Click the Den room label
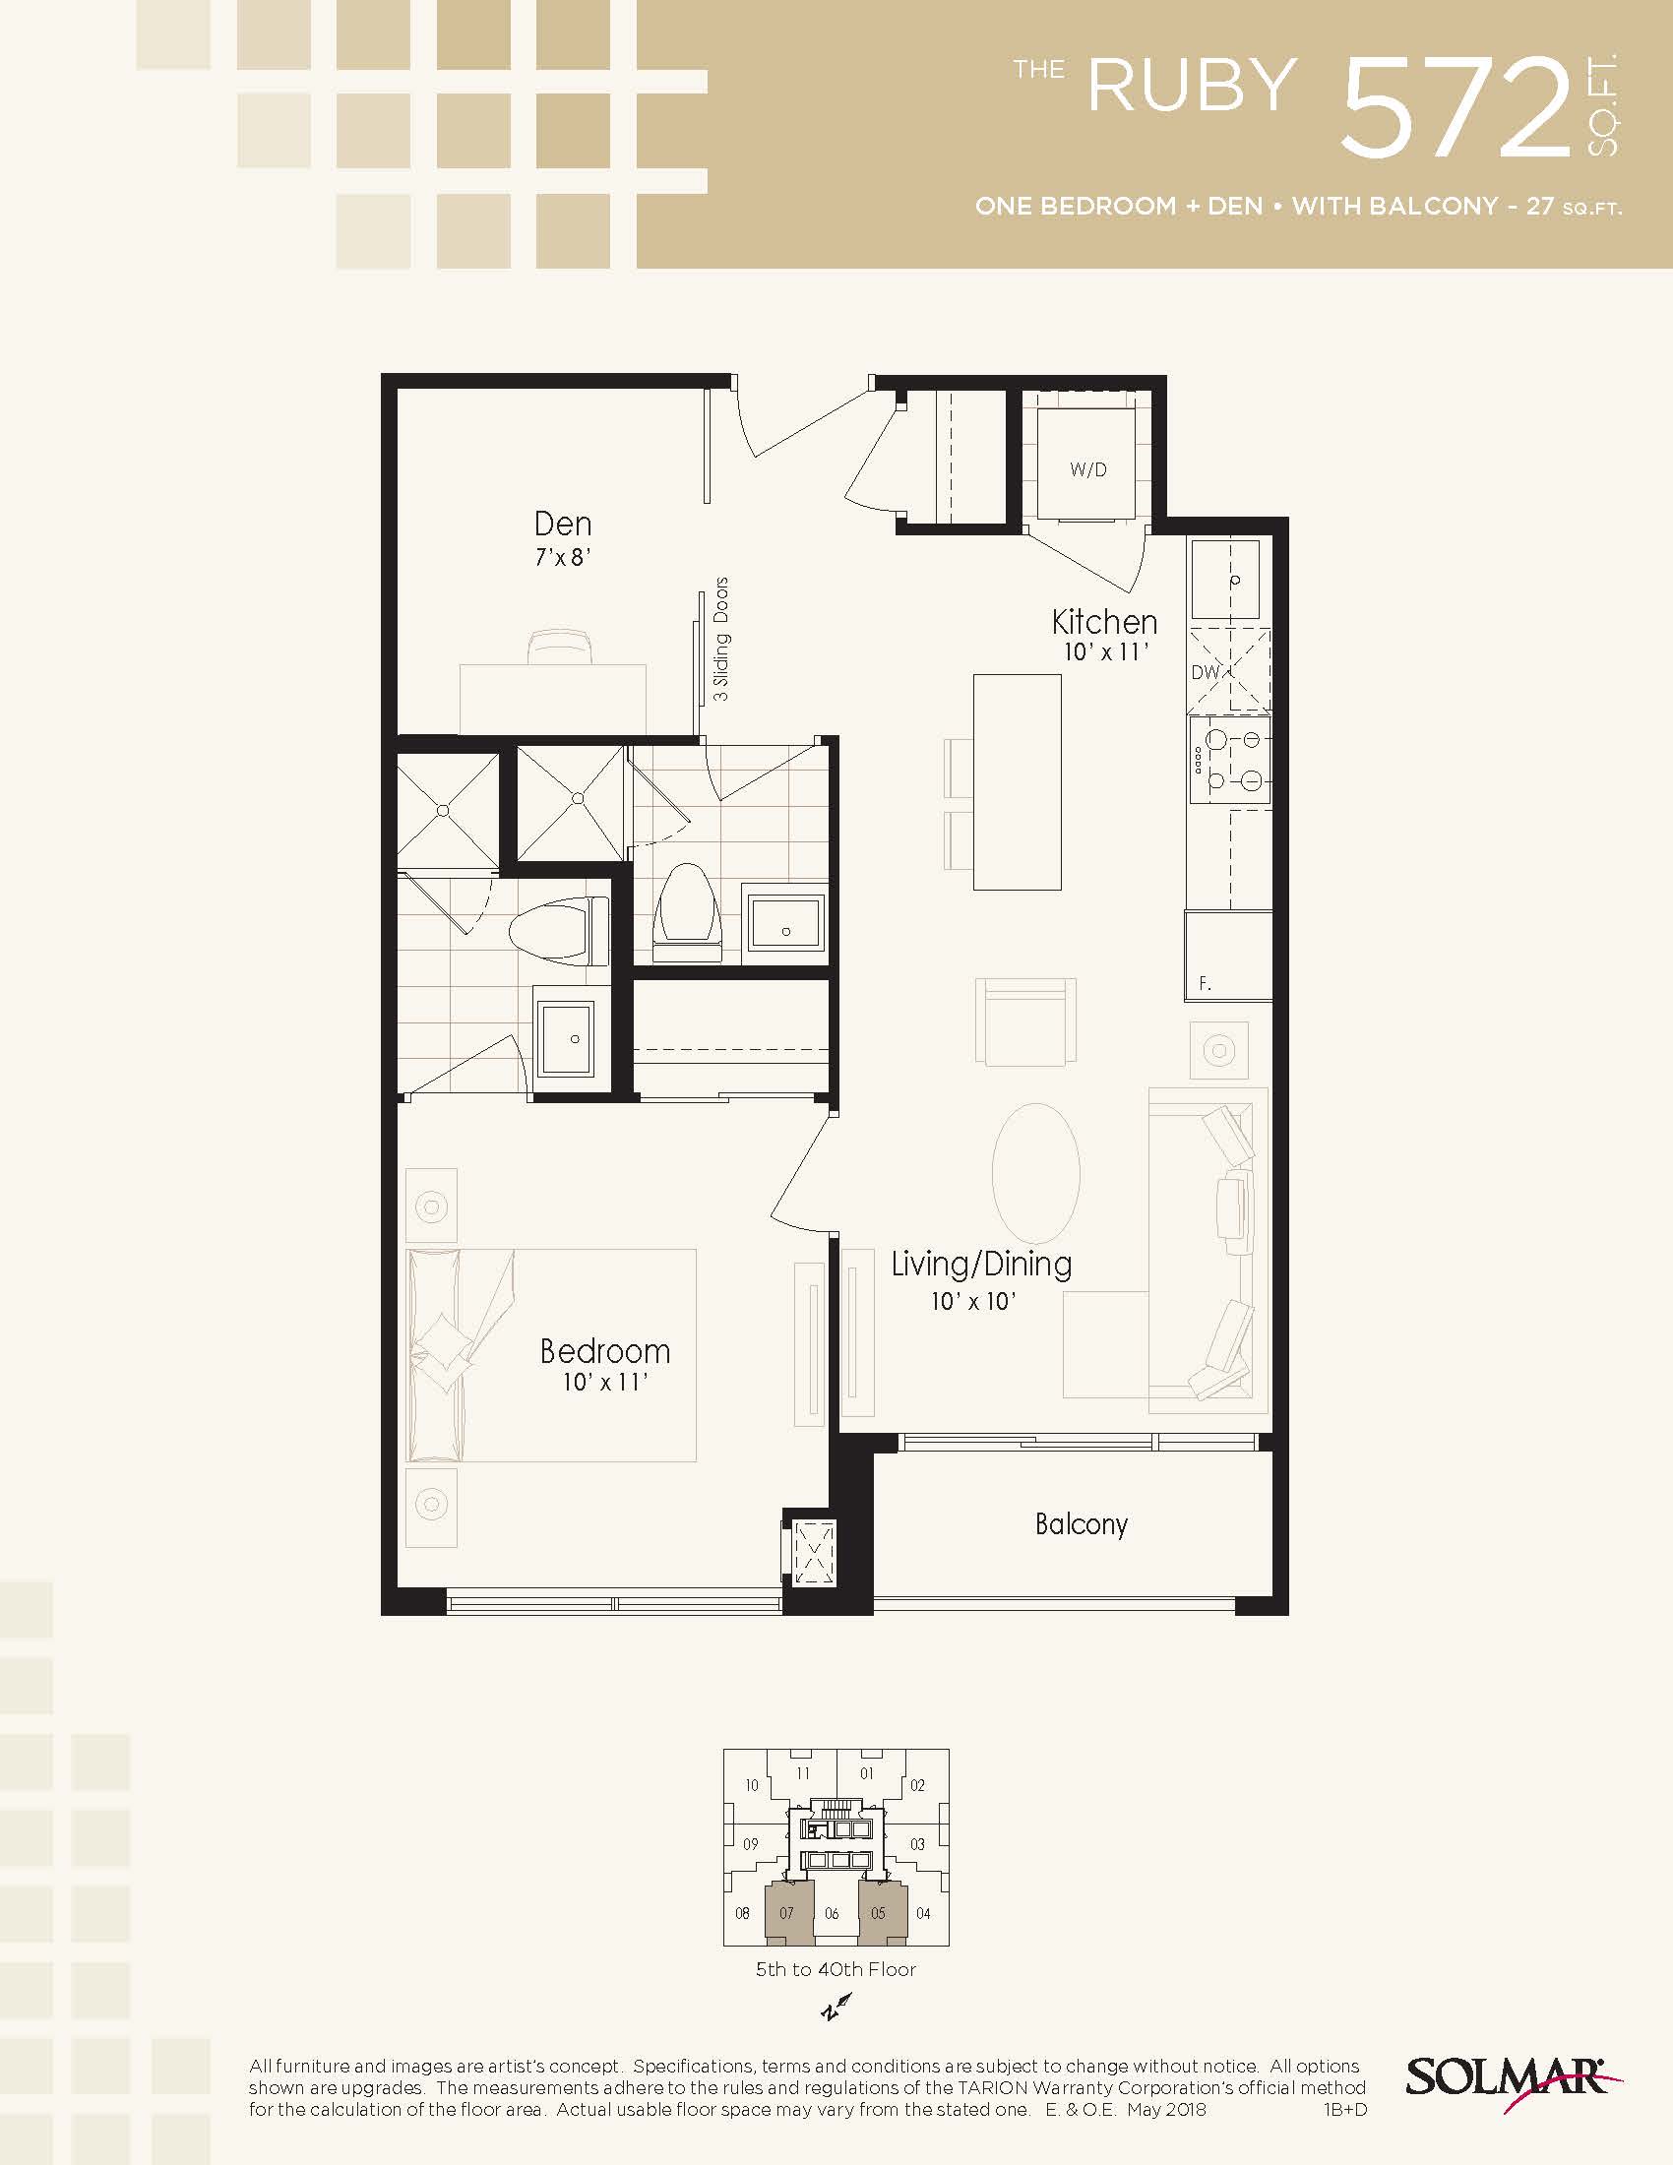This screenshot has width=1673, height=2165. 562,524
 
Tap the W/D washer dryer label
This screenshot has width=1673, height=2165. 1087,469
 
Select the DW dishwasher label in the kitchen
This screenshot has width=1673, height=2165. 1205,672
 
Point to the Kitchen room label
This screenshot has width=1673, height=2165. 1104,622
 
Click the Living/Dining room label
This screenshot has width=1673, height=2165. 981,1264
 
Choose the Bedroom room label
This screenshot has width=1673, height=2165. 604,1351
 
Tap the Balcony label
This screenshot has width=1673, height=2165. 1082,1523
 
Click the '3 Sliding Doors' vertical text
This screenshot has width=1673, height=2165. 721,640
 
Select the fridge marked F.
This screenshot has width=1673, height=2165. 1228,956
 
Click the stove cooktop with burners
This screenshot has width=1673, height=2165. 1229,760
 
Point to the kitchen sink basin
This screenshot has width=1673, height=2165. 1225,579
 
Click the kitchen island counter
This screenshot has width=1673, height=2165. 1017,782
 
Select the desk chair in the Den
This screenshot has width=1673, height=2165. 562,647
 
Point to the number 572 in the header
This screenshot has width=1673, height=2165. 1456,107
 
